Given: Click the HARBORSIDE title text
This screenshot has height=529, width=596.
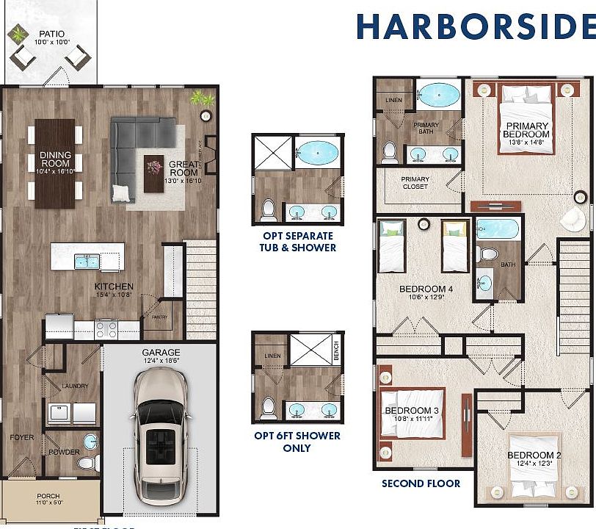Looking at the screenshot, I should click(x=476, y=27).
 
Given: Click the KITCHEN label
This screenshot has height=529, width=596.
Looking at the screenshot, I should click(x=114, y=286).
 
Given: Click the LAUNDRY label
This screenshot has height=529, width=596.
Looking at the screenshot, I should click(x=75, y=386).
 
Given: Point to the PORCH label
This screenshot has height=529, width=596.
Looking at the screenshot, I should click(x=48, y=496).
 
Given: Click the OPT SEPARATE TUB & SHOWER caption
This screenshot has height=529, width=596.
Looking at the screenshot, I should click(x=298, y=242).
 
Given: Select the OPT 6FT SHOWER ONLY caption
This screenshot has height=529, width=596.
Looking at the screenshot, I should click(x=297, y=442).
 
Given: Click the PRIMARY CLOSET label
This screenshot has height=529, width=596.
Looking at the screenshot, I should click(x=415, y=183).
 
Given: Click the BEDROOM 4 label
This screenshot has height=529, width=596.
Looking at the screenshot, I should click(x=426, y=289).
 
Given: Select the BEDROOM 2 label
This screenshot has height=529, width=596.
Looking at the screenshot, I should click(x=534, y=456).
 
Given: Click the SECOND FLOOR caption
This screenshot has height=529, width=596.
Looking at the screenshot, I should click(x=421, y=483).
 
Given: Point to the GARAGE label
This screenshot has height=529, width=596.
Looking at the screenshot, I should click(x=160, y=352).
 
